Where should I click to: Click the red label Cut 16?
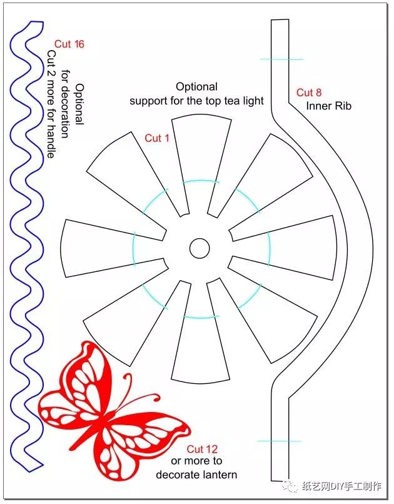pos(69,44)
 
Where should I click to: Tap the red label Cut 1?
pos(157,138)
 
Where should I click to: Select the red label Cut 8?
pos(309,93)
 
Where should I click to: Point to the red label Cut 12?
pos(202,449)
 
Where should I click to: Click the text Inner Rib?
pos(329,106)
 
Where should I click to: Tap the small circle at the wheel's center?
pos(199,248)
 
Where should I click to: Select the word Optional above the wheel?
pos(196,87)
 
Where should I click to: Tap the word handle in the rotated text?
pos(51,142)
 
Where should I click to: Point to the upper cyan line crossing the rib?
pos(281,59)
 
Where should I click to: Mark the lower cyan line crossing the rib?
pos(279,441)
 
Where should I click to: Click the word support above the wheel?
pos(148,101)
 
